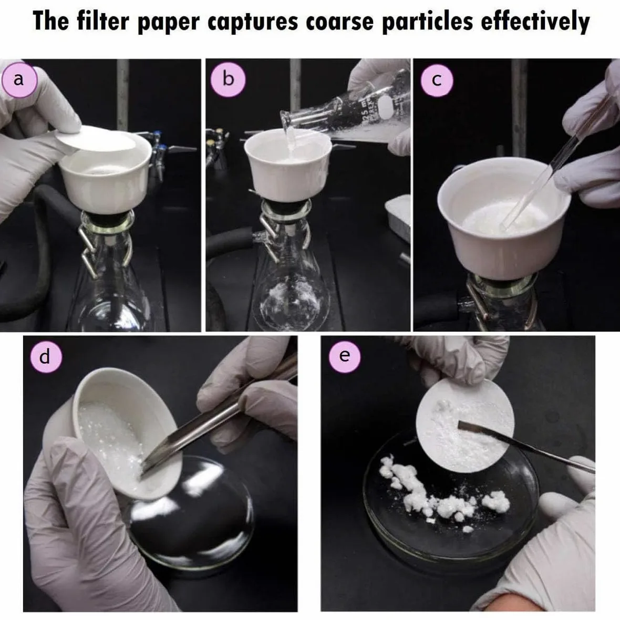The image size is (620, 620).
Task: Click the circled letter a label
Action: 19,80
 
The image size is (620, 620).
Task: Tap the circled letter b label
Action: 228,79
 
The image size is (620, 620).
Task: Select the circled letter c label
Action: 437,80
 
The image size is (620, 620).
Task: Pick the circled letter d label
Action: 46,357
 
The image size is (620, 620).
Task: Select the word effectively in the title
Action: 535,22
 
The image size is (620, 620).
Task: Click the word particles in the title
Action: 428,22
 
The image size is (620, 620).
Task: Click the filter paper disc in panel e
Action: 465,426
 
